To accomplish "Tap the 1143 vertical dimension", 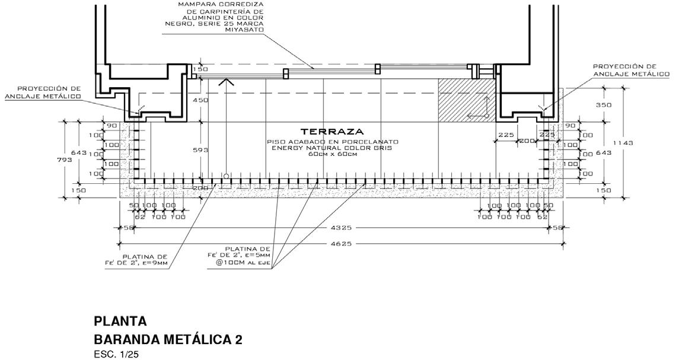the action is (623, 143).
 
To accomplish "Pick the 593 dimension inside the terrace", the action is (201, 150).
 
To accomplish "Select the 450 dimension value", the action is (201, 100).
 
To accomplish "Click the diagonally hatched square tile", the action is (466, 100).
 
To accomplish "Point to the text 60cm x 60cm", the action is (332, 155).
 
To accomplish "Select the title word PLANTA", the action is (120, 321).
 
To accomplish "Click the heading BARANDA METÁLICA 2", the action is (168, 340).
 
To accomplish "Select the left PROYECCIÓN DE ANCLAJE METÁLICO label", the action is (42, 92).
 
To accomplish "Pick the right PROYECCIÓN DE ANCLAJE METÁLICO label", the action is (631, 70).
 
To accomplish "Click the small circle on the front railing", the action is (227, 176).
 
